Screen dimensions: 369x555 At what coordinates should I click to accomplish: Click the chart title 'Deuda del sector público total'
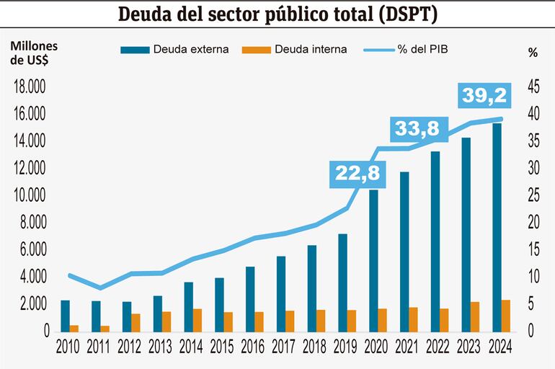coord(277,14)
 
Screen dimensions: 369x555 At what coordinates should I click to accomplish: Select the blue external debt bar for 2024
coord(497,227)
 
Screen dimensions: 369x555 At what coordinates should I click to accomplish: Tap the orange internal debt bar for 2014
coord(197,320)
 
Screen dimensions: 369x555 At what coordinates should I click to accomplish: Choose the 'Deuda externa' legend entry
coord(177,50)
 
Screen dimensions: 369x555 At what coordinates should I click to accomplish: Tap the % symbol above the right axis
coord(533,52)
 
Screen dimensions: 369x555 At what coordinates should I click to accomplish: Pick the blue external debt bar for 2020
coord(374,260)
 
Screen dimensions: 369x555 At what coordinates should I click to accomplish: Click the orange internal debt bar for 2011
coord(105,329)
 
